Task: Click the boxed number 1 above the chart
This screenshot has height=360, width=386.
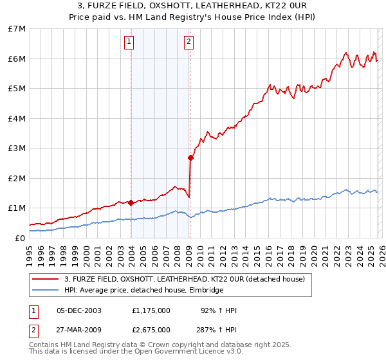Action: point(129,42)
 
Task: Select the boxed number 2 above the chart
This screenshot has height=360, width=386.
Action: point(188,42)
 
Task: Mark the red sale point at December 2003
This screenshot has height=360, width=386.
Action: point(131,203)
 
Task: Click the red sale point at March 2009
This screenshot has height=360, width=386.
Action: point(190,157)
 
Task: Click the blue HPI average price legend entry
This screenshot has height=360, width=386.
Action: point(143,291)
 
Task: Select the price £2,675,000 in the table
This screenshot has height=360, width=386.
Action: point(151,329)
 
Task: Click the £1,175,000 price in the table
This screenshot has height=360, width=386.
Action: point(151,310)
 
